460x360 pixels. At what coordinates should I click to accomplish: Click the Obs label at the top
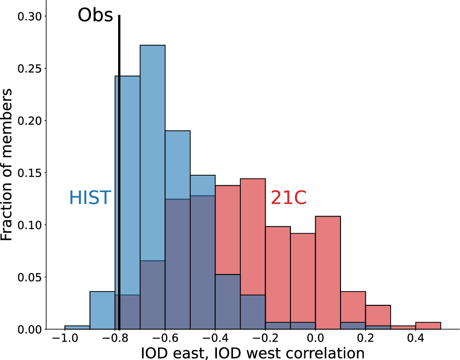[x=95, y=15]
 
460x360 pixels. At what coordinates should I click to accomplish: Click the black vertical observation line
[x=119, y=184]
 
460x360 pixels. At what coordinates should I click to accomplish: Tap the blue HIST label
[x=90, y=198]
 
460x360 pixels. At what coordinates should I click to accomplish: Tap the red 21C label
[x=288, y=198]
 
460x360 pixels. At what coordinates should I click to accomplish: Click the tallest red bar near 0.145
[x=253, y=230]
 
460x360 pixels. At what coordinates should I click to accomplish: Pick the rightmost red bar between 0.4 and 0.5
[x=428, y=326]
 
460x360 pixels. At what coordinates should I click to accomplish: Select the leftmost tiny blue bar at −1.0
[x=77, y=327]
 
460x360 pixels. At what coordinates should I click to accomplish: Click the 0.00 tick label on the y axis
[x=29, y=329]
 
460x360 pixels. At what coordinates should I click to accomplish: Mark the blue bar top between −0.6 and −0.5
[x=177, y=131]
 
